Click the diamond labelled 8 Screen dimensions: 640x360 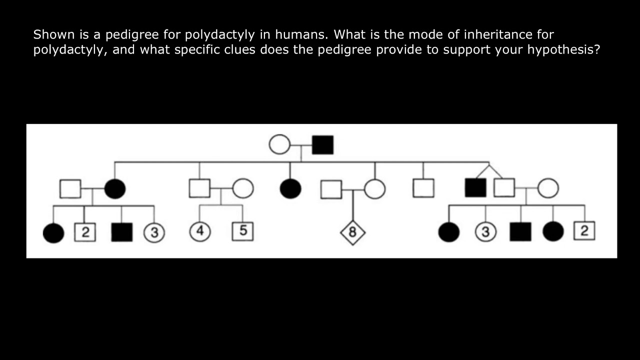(x=352, y=232)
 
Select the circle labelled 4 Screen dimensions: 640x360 (x=200, y=231)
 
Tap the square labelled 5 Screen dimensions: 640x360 (x=242, y=231)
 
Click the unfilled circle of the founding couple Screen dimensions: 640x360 (x=279, y=144)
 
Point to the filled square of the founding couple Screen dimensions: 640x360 (x=322, y=144)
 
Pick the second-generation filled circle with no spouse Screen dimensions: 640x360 (x=290, y=189)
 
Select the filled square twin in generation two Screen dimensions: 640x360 (x=475, y=188)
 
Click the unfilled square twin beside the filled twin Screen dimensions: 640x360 (x=504, y=188)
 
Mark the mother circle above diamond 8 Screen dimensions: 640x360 (x=374, y=189)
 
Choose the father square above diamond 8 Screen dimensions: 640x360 (x=331, y=189)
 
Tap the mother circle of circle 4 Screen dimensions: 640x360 (x=243, y=189)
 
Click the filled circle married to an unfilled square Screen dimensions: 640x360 (x=115, y=189)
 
